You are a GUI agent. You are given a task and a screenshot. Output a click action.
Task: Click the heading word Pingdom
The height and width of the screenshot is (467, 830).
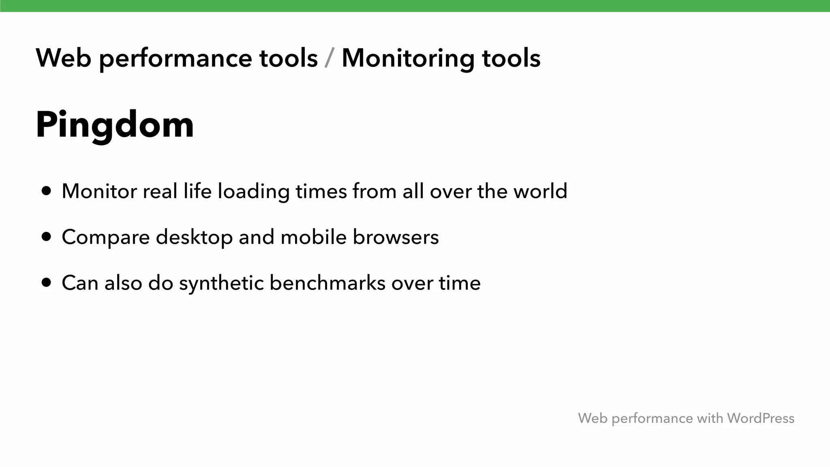point(115,125)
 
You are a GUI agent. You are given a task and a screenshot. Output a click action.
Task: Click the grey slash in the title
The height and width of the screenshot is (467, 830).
point(329,58)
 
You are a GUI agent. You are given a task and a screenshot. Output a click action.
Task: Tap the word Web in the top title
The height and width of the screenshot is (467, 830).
point(63,58)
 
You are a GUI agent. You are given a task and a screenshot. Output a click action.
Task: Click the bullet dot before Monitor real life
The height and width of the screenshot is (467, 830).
point(47,191)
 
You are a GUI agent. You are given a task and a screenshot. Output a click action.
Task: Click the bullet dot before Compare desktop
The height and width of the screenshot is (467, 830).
point(47,237)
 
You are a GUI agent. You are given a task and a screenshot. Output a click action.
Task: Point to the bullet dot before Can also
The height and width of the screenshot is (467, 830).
point(47,283)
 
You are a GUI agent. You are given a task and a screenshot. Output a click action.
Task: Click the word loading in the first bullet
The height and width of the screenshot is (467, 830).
point(253,192)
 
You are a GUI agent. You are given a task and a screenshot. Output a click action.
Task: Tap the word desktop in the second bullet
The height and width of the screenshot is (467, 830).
point(194,238)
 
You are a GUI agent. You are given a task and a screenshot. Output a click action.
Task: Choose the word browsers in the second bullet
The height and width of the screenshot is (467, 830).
point(396,237)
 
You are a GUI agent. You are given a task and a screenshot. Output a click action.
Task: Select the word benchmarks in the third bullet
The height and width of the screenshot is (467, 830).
point(327,283)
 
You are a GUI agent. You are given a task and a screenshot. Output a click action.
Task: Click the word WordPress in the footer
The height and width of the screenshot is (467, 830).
point(760,418)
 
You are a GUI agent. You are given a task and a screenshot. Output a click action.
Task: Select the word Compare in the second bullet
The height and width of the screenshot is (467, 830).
point(106,238)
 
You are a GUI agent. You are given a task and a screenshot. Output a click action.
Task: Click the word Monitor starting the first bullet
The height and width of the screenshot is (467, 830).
point(99,191)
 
